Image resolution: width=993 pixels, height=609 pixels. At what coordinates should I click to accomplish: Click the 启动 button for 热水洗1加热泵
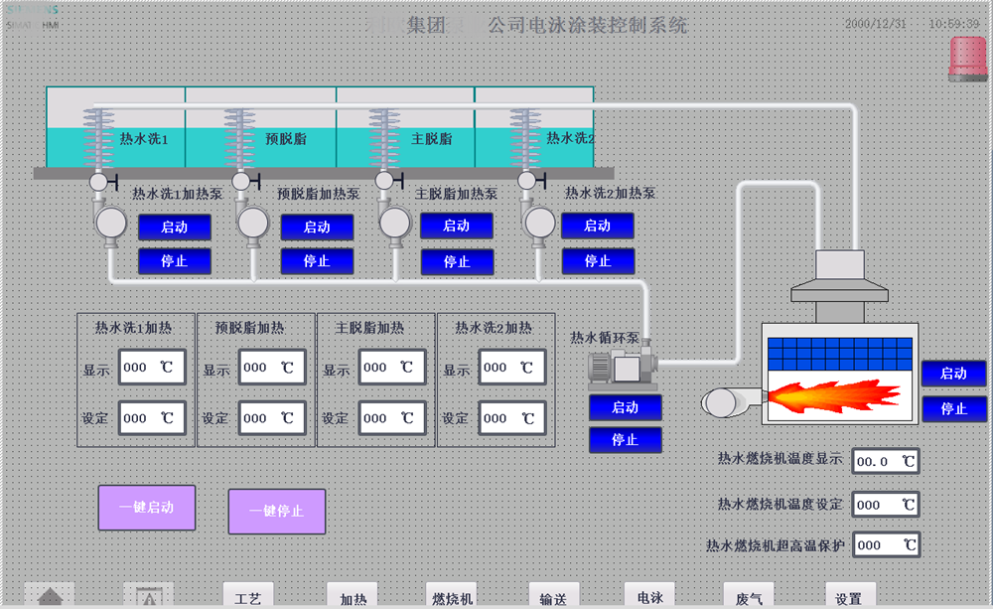tap(175, 228)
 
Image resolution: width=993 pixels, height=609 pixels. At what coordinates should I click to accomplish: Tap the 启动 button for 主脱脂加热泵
tap(457, 226)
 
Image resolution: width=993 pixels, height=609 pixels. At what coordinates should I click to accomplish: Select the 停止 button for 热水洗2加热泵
tap(598, 261)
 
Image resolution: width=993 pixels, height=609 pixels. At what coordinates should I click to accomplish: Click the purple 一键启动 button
tap(146, 508)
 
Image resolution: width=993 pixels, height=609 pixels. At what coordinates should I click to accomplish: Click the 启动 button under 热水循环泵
tap(625, 407)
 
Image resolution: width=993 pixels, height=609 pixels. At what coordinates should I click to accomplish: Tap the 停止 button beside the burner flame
tap(953, 408)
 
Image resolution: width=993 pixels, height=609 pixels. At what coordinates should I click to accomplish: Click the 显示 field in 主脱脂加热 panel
tap(392, 368)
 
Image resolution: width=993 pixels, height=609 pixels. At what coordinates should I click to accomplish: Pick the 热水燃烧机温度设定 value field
tap(886, 505)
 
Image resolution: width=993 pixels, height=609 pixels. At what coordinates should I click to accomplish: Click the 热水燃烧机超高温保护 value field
tap(886, 545)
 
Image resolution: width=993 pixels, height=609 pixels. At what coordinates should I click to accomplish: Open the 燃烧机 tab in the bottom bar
tap(453, 598)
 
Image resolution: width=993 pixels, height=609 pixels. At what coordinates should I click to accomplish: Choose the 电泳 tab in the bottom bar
tap(649, 597)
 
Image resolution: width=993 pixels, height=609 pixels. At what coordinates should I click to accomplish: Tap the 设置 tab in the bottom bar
tap(849, 598)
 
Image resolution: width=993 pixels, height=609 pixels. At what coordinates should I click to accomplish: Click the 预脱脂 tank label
tap(287, 139)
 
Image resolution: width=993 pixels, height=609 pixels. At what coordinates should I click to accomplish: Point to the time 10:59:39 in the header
tap(954, 23)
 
